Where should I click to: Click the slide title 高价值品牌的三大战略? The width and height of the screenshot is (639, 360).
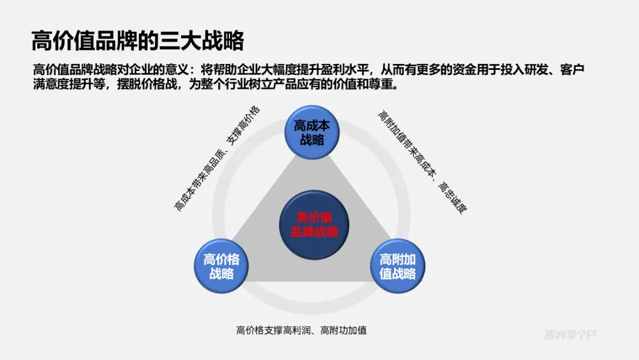[137, 41]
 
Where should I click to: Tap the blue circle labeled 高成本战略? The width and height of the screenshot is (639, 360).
[312, 133]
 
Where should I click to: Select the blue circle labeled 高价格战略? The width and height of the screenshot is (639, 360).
[221, 266]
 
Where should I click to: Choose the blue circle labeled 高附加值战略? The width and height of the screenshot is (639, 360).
[398, 266]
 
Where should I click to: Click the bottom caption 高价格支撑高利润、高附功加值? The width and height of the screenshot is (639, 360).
[301, 330]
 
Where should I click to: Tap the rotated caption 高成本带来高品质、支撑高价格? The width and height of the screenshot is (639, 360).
[217, 159]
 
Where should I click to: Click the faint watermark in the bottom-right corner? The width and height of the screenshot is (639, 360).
[570, 335]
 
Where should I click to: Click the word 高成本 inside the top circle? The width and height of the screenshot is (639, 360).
[312, 126]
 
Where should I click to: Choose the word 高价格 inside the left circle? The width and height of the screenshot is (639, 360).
[221, 259]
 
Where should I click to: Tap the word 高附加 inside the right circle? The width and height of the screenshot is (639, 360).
[398, 259]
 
